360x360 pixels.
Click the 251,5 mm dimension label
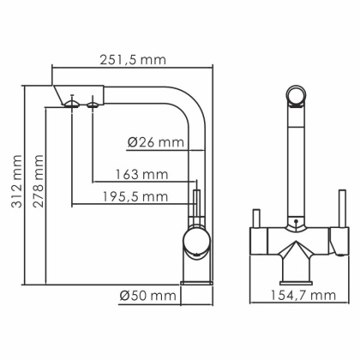[130, 59]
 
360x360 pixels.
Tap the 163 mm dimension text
[141, 176]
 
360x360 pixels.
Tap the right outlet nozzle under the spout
[91, 103]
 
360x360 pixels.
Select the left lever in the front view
[255, 219]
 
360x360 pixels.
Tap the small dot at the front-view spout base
[297, 225]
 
